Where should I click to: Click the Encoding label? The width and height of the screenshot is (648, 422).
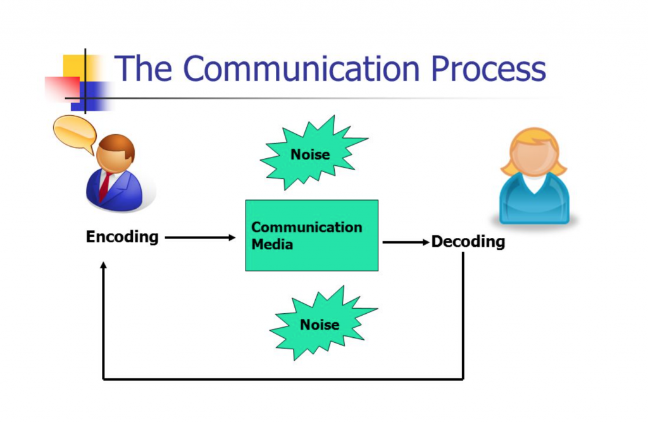pos(122,237)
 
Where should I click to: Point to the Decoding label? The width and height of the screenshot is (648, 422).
pos(468,242)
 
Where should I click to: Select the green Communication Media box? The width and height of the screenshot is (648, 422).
pos(311,235)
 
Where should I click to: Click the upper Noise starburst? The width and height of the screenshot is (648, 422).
pos(310,154)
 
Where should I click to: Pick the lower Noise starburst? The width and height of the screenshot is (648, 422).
pos(320,325)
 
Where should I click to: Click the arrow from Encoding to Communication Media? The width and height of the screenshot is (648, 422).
pos(199,238)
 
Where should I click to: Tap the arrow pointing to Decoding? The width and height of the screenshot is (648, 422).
pos(405,242)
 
